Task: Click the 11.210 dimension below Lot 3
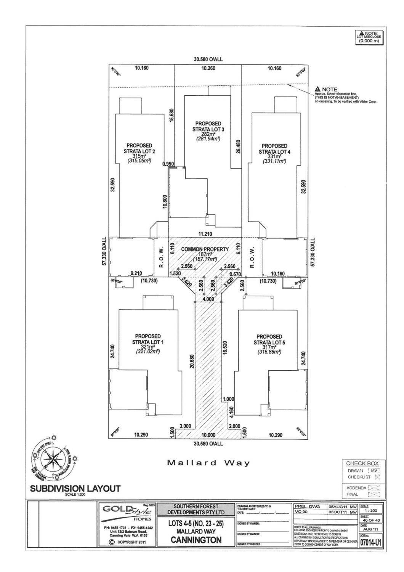click(x=204, y=233)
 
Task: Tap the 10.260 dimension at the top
click(x=208, y=69)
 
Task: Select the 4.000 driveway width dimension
click(x=208, y=299)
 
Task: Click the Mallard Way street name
click(x=209, y=463)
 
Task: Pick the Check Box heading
click(x=362, y=463)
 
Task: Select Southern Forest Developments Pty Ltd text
click(x=197, y=509)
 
